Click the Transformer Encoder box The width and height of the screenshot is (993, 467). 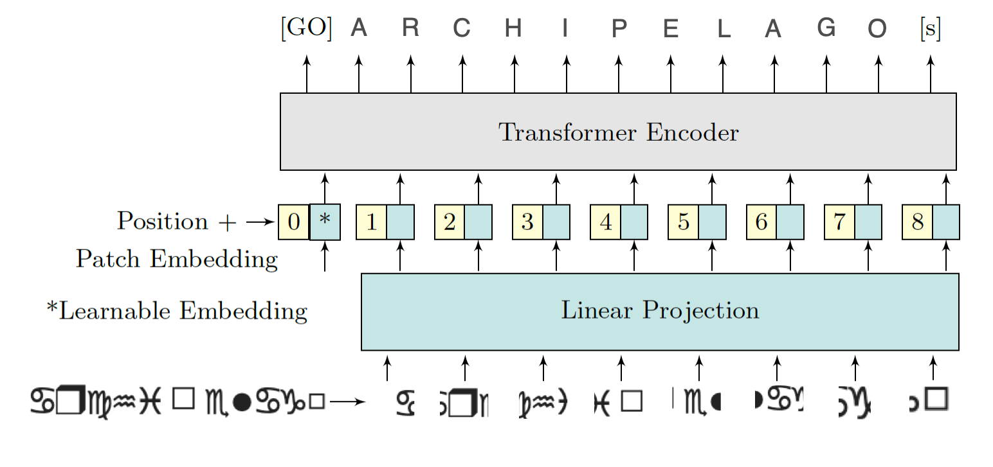click(x=618, y=132)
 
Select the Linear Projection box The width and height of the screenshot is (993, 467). click(x=660, y=312)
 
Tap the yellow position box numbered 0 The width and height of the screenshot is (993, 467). click(x=294, y=222)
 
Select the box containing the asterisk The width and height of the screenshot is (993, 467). click(x=325, y=222)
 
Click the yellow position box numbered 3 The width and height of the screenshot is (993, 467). click(x=527, y=222)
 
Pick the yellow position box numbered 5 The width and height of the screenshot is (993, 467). click(x=684, y=222)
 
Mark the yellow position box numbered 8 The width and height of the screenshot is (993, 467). click(x=918, y=222)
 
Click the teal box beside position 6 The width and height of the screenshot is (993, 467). click(x=790, y=222)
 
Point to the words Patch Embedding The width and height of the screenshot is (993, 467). click(x=177, y=260)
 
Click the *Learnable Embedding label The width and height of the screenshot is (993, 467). click(x=177, y=311)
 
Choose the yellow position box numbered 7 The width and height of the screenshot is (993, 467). click(x=839, y=222)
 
